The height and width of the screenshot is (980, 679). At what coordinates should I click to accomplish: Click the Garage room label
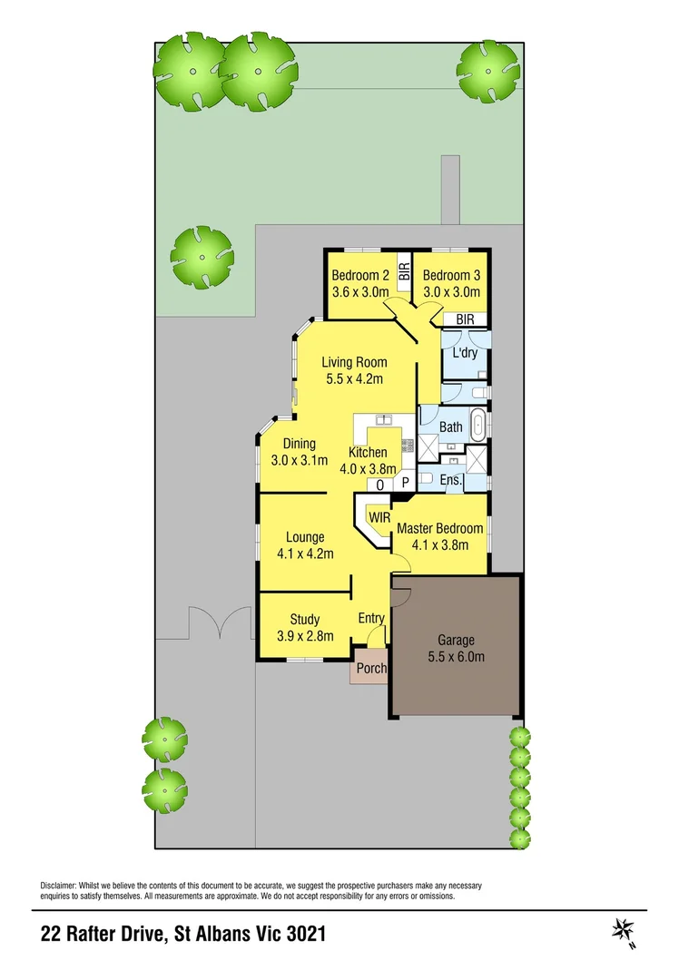click(458, 640)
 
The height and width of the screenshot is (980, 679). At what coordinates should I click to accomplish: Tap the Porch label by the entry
click(371, 669)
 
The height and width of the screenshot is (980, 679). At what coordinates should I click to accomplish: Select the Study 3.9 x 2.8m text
click(305, 635)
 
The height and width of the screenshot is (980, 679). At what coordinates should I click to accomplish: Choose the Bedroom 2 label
click(359, 276)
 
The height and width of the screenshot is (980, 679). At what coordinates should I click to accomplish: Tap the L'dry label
click(465, 353)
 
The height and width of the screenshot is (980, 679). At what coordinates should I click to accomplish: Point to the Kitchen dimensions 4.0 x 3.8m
click(369, 469)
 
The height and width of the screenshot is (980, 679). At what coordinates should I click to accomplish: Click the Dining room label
click(299, 444)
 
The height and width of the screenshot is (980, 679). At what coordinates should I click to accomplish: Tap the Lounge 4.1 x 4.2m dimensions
click(305, 554)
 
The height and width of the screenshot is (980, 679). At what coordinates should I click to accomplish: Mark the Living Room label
click(355, 362)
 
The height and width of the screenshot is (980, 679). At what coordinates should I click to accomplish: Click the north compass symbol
click(624, 930)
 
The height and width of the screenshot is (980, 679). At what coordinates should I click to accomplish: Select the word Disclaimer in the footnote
click(60, 885)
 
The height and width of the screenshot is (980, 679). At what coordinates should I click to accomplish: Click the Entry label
click(372, 618)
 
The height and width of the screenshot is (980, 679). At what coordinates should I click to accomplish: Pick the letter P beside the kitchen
click(405, 484)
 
